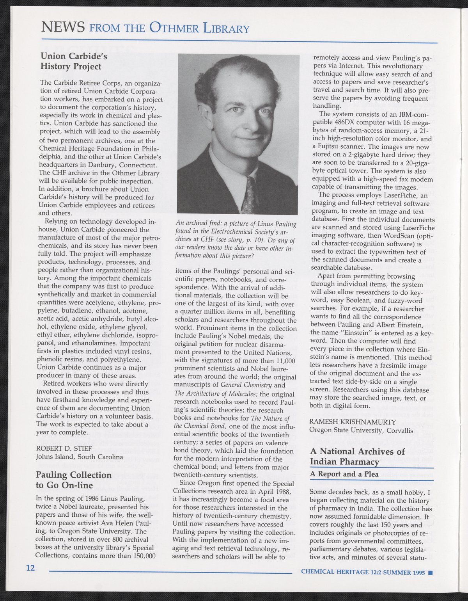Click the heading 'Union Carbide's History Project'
pos(71,61)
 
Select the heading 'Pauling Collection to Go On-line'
pos(73,480)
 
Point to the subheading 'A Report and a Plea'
pos(344,473)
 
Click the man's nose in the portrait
pos(248,123)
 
